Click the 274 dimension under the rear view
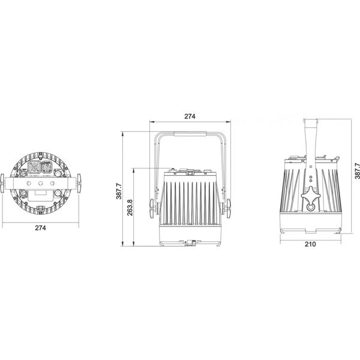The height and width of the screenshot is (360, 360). pos(40,228)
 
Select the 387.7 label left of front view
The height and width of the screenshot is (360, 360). pos(120,192)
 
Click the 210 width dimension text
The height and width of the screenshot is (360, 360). pos(311,245)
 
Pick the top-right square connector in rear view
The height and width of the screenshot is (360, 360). pos(48,167)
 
